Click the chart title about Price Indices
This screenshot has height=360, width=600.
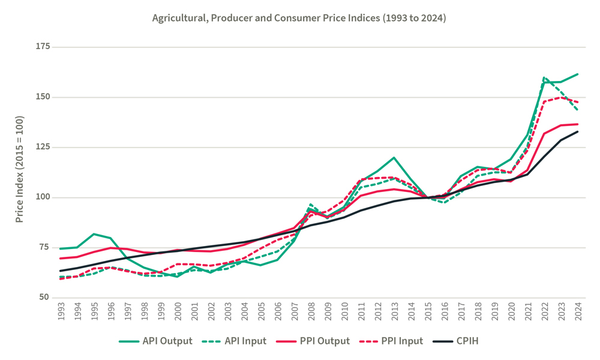coord(299,18)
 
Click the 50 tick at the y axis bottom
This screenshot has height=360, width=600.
coord(44,298)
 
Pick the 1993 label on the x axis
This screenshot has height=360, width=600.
coord(61,313)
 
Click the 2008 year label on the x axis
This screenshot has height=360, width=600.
coord(311,313)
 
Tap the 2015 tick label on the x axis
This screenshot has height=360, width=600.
coord(428,313)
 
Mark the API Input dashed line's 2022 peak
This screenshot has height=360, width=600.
coord(544,77)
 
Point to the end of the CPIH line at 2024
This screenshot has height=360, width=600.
coord(577,131)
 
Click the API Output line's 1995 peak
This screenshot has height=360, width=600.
coord(94,234)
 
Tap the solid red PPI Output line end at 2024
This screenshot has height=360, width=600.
coord(577,124)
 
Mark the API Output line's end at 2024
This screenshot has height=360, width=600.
coord(577,74)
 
